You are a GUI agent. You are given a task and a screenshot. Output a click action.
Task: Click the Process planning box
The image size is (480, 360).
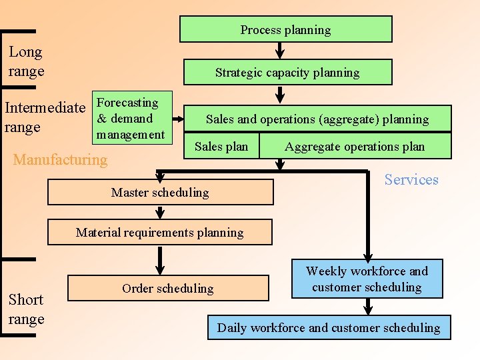coord(285,29)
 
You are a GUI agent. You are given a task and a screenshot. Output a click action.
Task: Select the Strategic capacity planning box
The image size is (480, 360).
coord(287,73)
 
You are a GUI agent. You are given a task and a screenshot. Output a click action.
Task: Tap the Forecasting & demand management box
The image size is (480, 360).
coord(131,119)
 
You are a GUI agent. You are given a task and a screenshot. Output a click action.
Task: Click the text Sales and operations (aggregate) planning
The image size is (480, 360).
coord(317,119)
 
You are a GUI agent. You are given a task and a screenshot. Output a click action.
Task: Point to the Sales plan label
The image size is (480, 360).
coord(221,147)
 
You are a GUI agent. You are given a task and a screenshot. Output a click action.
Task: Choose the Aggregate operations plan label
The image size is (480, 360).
coord(355,147)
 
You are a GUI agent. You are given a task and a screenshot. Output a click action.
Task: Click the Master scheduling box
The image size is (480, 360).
coord(160,192)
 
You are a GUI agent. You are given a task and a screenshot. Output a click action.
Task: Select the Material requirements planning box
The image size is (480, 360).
coord(160,232)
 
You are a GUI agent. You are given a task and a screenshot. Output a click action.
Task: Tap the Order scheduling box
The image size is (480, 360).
coord(168,288)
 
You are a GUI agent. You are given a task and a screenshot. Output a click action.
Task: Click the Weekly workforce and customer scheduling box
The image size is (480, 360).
coord(367,279)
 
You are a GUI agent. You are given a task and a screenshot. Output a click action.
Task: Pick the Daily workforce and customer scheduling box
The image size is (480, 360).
coord(329,327)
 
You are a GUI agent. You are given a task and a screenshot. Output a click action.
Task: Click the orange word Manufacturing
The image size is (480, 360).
coord(60,159)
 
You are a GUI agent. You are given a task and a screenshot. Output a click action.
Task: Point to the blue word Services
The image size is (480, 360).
coord(411,179)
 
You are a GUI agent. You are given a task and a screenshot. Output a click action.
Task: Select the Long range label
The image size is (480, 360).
coord(26,61)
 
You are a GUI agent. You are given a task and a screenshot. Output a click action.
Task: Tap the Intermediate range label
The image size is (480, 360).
coord(45,117)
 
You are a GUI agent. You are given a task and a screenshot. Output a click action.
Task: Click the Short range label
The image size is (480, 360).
coord(26,309)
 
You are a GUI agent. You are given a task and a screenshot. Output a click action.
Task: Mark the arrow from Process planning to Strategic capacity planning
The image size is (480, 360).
coord(281,51)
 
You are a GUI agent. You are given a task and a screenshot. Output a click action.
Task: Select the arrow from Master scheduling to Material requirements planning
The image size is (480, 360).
coord(160,212)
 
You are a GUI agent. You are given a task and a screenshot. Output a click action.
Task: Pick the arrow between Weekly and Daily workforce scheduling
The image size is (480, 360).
coord(367,307)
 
